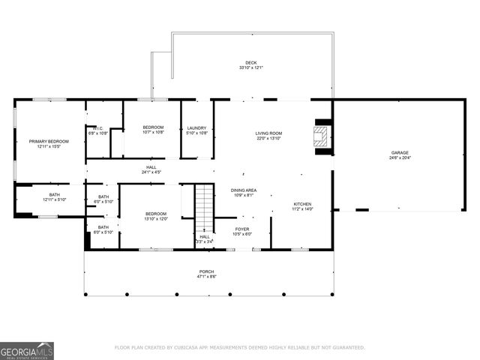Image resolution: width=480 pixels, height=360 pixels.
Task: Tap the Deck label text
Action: [250, 62]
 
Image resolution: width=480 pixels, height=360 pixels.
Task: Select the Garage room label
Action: [399, 152]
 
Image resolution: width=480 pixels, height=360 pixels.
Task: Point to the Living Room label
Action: [268, 133]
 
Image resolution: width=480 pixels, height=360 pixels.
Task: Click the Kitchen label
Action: [302, 204]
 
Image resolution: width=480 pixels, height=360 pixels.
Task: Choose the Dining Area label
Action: [244, 190]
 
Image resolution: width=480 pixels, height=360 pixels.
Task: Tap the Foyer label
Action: [242, 229]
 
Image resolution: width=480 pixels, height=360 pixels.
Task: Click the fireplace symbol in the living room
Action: [321, 136]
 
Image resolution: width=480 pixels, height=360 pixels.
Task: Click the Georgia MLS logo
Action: [27, 350]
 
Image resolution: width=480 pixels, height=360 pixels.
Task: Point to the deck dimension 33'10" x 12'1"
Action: [250, 67]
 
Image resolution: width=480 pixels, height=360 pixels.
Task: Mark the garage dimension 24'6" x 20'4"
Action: [399, 157]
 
